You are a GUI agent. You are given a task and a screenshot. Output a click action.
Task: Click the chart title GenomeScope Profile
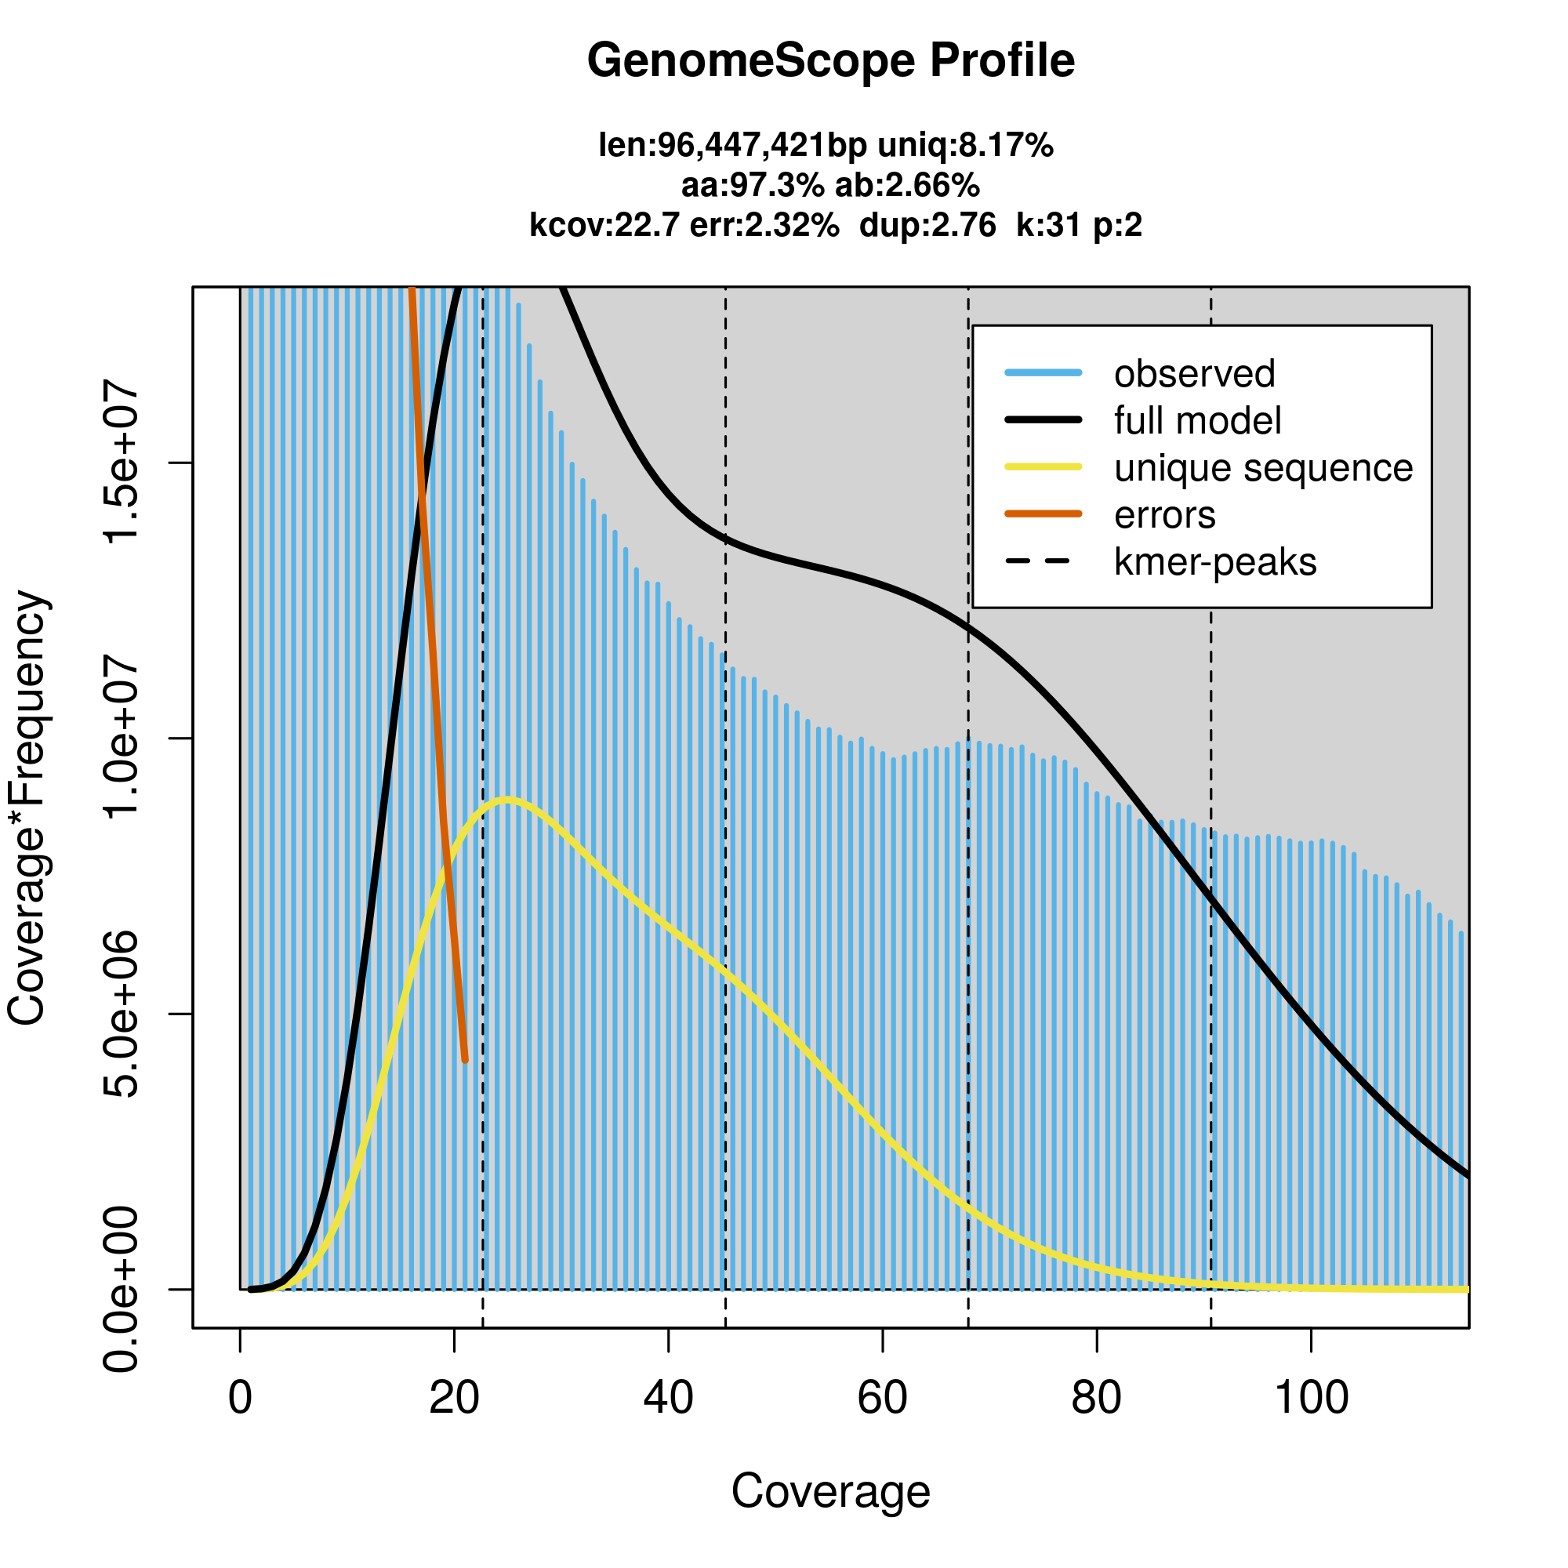tap(830, 61)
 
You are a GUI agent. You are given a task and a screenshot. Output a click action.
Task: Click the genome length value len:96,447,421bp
tap(732, 146)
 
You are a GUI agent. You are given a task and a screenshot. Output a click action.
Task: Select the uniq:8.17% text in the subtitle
tap(966, 146)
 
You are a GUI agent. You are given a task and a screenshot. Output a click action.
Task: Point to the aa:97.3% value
tap(753, 186)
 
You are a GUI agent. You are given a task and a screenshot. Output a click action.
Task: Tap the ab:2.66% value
tap(907, 186)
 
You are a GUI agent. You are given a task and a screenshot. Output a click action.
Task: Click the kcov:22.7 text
tap(604, 225)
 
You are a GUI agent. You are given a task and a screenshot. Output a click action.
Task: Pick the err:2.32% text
tap(764, 225)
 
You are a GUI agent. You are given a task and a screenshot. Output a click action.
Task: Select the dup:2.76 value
tap(927, 225)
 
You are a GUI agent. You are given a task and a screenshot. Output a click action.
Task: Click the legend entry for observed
tap(1194, 374)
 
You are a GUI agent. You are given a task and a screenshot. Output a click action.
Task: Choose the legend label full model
tap(1197, 421)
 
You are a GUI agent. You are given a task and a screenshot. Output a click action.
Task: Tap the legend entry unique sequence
tap(1263, 468)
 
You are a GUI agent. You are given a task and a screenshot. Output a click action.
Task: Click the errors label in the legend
tap(1165, 515)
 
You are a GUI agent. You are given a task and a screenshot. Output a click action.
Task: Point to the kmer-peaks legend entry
tap(1215, 562)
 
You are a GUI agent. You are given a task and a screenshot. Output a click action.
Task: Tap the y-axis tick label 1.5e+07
tap(122, 463)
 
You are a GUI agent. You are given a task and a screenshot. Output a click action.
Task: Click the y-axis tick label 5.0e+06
tap(122, 1014)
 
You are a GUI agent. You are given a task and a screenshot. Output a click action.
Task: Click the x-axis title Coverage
tap(830, 1492)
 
